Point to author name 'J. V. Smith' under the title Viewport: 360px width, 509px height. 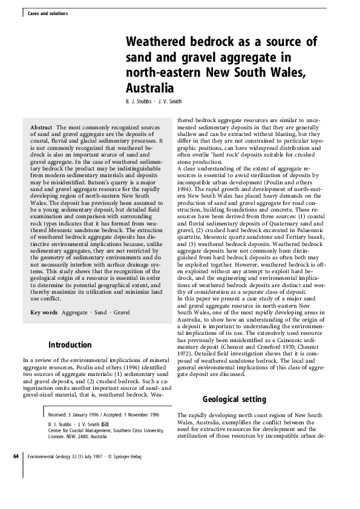(x=169, y=101)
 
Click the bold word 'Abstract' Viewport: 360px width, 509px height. (x=42, y=128)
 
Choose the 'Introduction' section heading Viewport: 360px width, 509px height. (x=70, y=345)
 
